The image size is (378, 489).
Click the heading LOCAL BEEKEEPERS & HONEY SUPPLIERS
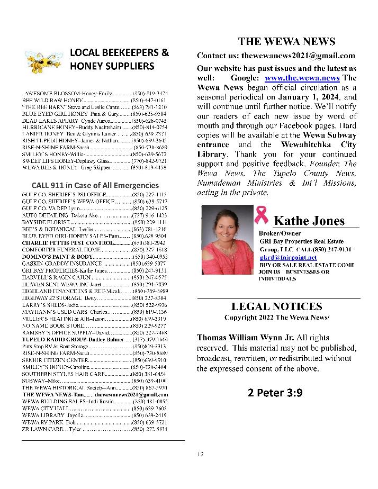coord(119,59)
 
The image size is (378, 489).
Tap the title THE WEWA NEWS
coord(286,41)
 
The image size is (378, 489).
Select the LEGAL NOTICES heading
coord(276,306)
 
